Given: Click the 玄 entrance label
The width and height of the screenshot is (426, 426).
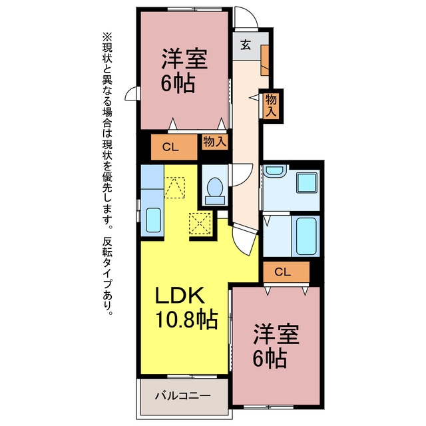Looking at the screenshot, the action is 246,45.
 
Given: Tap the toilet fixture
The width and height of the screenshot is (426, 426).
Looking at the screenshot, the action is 215,191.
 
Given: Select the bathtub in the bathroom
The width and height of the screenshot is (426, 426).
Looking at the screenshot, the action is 306,236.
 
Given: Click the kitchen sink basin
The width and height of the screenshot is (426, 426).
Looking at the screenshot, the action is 153,220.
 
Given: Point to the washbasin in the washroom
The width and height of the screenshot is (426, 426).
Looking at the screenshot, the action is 275,170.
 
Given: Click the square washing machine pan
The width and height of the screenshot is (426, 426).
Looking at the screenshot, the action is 307,182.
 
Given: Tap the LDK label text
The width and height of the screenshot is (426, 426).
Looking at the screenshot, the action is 180,296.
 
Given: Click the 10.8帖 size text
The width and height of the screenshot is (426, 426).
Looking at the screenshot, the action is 186,319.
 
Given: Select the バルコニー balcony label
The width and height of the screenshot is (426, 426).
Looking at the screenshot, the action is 183,395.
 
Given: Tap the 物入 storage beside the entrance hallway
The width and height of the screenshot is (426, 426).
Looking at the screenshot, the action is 271,105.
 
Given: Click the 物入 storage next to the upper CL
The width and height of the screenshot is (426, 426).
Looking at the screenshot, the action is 214,142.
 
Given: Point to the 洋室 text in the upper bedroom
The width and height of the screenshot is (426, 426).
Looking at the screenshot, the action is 185,59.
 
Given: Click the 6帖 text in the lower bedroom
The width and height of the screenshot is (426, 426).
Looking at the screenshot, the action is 270,358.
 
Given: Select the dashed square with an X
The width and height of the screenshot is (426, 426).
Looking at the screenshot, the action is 200,224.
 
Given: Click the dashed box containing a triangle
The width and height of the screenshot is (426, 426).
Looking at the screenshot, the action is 174,188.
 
